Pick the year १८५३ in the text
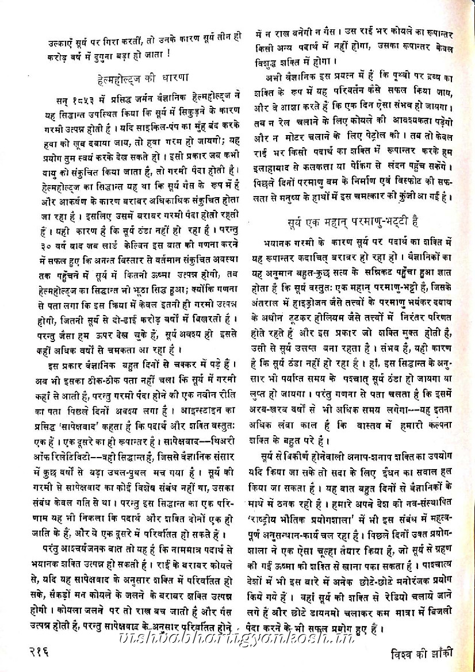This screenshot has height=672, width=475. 83,94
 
